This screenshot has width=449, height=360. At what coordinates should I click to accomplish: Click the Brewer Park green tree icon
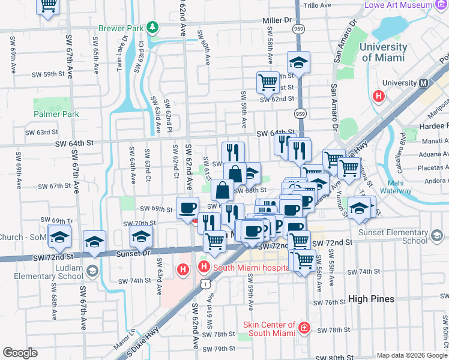[x=153, y=27]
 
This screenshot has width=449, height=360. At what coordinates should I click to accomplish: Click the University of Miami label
[x=382, y=53]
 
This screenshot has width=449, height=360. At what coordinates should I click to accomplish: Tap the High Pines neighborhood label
[x=371, y=299]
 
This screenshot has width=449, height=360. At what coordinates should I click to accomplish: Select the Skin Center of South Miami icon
[x=304, y=327]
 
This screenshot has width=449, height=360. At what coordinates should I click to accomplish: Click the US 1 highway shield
[x=205, y=281]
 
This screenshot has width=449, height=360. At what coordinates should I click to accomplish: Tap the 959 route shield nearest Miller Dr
[x=298, y=28]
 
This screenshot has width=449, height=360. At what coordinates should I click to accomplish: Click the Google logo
[x=20, y=353]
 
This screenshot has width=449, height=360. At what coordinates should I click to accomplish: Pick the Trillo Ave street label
[x=318, y=5]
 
